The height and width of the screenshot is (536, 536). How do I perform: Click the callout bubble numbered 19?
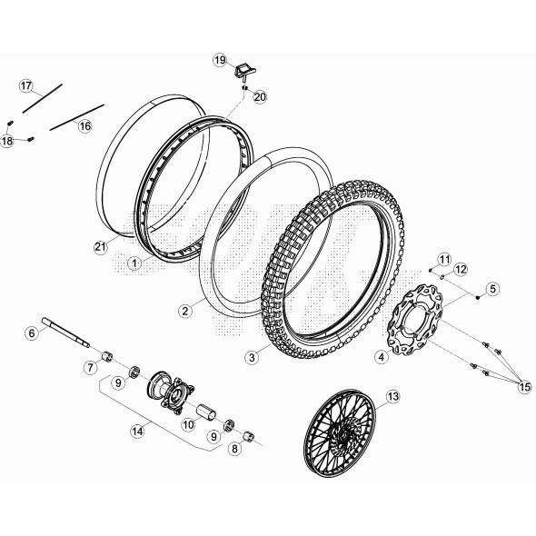coord(220,60)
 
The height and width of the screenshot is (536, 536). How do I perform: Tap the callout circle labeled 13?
coord(392,396)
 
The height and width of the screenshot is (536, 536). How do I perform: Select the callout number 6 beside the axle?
coord(32,333)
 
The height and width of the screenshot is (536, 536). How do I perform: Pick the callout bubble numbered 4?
coord(382,357)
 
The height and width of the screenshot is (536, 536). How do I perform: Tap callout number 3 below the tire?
coord(252,358)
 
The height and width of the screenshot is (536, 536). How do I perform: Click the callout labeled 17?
coord(27,85)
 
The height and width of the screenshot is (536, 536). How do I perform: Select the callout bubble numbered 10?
coord(189,423)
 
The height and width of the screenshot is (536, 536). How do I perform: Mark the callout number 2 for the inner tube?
coord(185,310)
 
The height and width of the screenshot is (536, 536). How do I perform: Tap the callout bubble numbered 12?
coord(461,269)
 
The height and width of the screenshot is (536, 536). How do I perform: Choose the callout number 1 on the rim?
coord(134,263)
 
